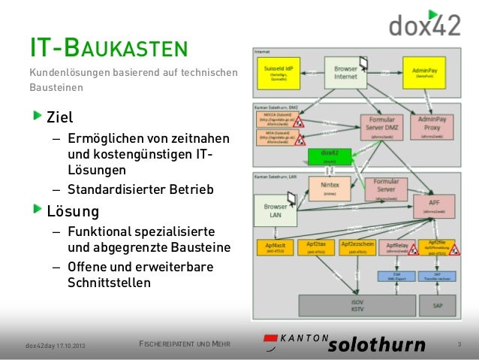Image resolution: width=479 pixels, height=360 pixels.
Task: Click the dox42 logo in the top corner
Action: click(423, 23)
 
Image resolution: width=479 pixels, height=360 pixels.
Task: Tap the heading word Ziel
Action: click(60, 118)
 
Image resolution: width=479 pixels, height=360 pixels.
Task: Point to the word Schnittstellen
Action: click(108, 283)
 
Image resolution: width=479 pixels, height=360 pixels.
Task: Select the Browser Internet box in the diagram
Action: click(346, 73)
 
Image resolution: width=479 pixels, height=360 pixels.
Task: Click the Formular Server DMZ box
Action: click(383, 126)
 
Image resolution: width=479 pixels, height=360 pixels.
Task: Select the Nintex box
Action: click(330, 188)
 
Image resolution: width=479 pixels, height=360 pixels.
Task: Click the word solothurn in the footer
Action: click(375, 345)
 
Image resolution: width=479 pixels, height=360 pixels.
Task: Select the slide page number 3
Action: click(459, 345)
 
